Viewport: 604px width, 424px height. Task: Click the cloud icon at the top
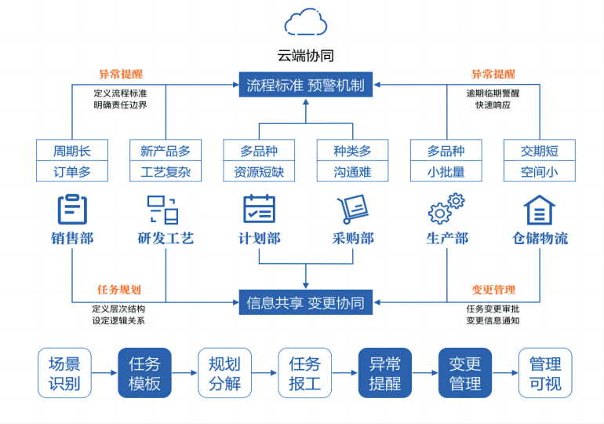(305, 23)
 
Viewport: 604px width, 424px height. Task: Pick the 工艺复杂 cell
(166, 171)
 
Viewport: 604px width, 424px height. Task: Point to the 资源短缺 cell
(259, 171)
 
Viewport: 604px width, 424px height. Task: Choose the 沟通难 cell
(352, 171)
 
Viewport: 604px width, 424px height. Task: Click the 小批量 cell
(446, 171)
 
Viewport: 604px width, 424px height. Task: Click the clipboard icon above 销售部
(72, 210)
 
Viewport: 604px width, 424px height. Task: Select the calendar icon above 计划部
(259, 210)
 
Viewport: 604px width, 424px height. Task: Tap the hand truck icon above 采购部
(352, 210)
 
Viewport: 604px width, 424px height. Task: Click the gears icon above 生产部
(446, 210)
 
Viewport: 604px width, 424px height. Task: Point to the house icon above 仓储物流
(539, 210)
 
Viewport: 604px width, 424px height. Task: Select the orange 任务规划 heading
(118, 289)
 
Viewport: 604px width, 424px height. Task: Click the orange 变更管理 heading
(493, 289)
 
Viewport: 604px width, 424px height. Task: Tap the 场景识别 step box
(64, 373)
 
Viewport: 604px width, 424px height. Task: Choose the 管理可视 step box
(545, 373)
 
